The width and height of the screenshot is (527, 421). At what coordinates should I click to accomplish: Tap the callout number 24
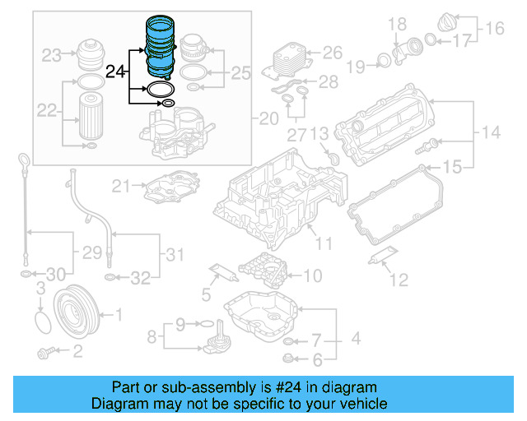click(x=118, y=73)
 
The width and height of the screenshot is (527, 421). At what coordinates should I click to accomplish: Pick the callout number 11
click(x=322, y=243)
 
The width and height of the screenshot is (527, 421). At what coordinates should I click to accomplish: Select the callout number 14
click(x=491, y=132)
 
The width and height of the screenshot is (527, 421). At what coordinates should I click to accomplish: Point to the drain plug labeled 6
click(x=288, y=358)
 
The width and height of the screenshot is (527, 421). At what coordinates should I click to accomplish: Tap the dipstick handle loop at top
click(x=25, y=159)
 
